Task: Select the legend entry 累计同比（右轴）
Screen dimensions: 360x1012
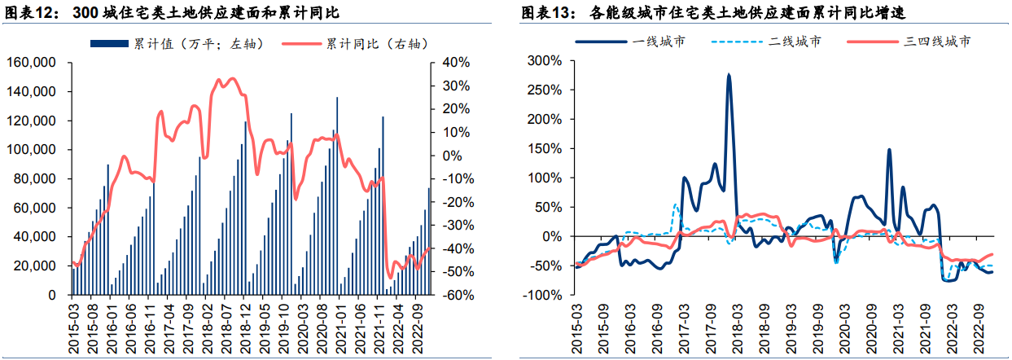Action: coord(374,43)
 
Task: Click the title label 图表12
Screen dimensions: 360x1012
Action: coord(32,13)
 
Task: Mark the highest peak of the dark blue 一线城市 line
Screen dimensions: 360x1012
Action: coord(729,75)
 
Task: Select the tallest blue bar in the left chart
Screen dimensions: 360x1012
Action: coord(337,98)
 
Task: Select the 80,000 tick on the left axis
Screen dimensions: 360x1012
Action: coord(36,179)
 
